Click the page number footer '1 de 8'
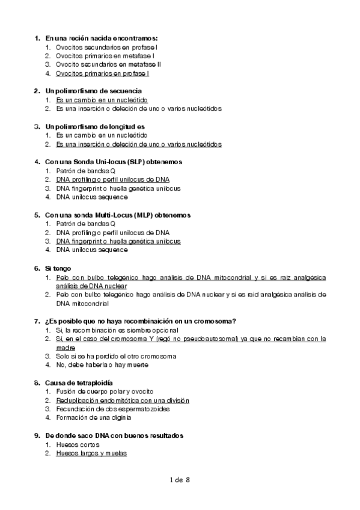click(x=180, y=480)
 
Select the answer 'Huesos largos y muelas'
click(x=91, y=453)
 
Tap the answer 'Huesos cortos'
click(x=78, y=444)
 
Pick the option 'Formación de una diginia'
click(x=94, y=417)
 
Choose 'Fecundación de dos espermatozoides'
click(x=112, y=409)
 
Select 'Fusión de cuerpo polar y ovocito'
click(x=105, y=392)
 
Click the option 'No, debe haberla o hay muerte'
click(x=102, y=364)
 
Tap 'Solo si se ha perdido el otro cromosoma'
click(x=116, y=356)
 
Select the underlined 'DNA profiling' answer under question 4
click(x=112, y=179)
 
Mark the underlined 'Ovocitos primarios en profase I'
click(x=102, y=73)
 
